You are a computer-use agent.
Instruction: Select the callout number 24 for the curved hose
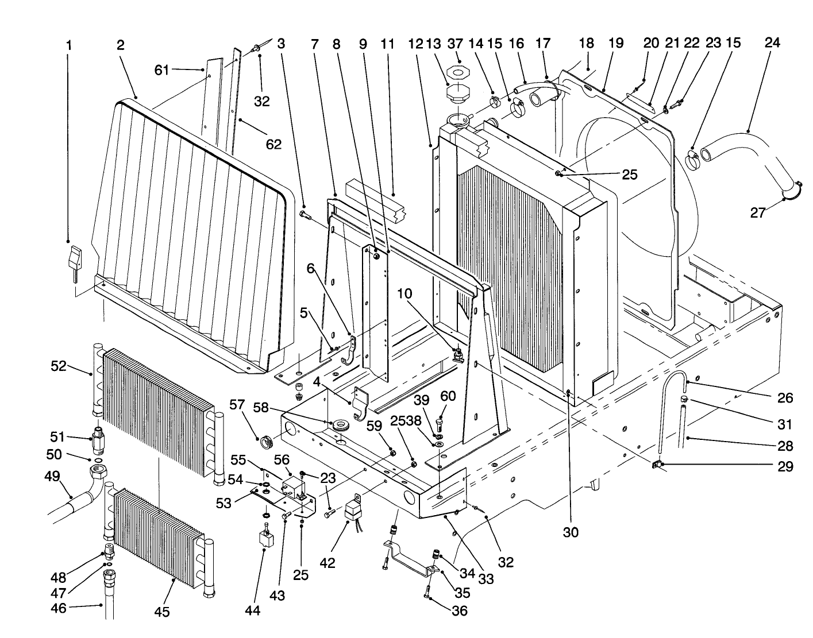(772, 43)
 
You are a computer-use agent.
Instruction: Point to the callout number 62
(273, 144)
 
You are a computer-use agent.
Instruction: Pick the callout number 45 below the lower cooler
(162, 612)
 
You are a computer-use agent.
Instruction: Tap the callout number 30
(570, 532)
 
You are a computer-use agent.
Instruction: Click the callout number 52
(58, 366)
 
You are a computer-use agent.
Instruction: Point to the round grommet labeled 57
(265, 442)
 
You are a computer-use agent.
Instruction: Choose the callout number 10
(404, 293)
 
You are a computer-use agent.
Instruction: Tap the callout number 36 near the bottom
(460, 611)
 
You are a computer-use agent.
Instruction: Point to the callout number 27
(758, 213)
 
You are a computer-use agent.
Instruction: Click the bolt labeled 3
(305, 215)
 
